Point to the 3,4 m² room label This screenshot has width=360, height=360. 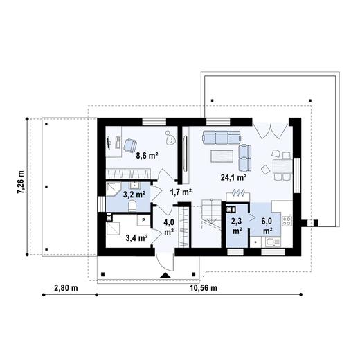pyautogui.click(x=136, y=237)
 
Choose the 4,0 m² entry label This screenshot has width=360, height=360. pyautogui.click(x=168, y=226)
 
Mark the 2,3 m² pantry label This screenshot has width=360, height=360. pyautogui.click(x=236, y=226)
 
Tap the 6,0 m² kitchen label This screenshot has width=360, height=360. pyautogui.click(x=267, y=226)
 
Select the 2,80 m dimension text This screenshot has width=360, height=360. pyautogui.click(x=66, y=287)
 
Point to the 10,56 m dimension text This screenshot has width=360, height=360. pyautogui.click(x=202, y=287)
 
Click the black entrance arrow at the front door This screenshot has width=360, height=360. pyautogui.click(x=165, y=276)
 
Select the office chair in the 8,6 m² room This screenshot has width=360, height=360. pyautogui.click(x=129, y=143)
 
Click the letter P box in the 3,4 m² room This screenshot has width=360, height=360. pyautogui.click(x=143, y=220)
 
